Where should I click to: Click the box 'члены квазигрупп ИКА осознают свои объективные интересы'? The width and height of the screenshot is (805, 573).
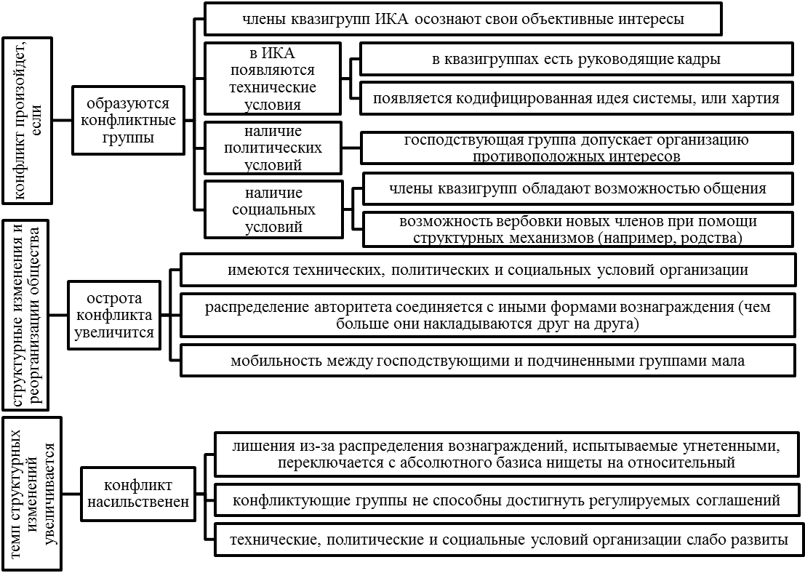tap(462, 19)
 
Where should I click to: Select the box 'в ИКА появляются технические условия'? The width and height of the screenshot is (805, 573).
tap(273, 79)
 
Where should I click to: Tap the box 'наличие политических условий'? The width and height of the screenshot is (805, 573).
tap(273, 148)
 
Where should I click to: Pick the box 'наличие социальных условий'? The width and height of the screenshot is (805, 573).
tap(273, 209)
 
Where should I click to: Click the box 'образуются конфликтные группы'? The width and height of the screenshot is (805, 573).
tap(128, 121)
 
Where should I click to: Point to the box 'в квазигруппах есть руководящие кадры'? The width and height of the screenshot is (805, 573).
tap(576, 60)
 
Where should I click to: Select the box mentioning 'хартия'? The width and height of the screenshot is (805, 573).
tap(576, 99)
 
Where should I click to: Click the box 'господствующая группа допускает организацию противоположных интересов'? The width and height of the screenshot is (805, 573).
tap(576, 148)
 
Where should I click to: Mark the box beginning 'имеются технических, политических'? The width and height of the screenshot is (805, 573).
tap(487, 270)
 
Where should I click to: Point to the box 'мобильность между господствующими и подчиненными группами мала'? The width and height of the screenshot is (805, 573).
tap(487, 361)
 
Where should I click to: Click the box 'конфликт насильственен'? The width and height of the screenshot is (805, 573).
tap(137, 494)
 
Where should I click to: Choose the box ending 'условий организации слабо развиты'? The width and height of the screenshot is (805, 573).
tap(508, 540)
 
